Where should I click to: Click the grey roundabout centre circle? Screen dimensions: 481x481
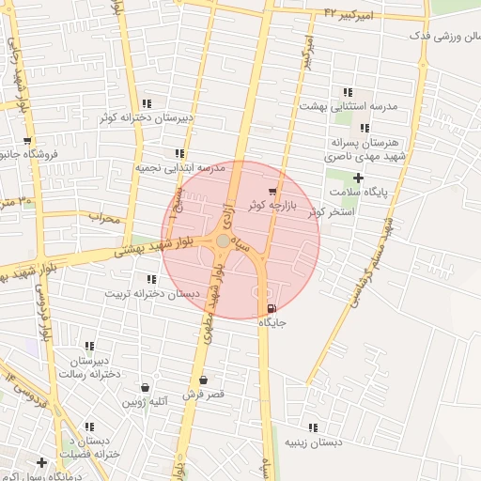pos(223,242)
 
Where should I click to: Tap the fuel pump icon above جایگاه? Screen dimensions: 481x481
pos(272,309)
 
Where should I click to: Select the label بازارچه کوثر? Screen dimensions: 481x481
pos(272,204)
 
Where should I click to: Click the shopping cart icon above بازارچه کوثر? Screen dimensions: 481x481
pos(273,191)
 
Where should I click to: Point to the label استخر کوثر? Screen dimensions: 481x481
pos(328,212)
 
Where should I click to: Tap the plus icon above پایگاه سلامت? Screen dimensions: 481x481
pos(357,178)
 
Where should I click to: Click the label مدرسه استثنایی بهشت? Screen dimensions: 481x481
pos(349,106)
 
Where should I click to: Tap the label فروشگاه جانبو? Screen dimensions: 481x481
pos(29,154)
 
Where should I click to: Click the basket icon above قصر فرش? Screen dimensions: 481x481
pos(203,380)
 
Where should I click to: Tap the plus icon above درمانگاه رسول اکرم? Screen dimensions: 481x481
pos(41,462)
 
